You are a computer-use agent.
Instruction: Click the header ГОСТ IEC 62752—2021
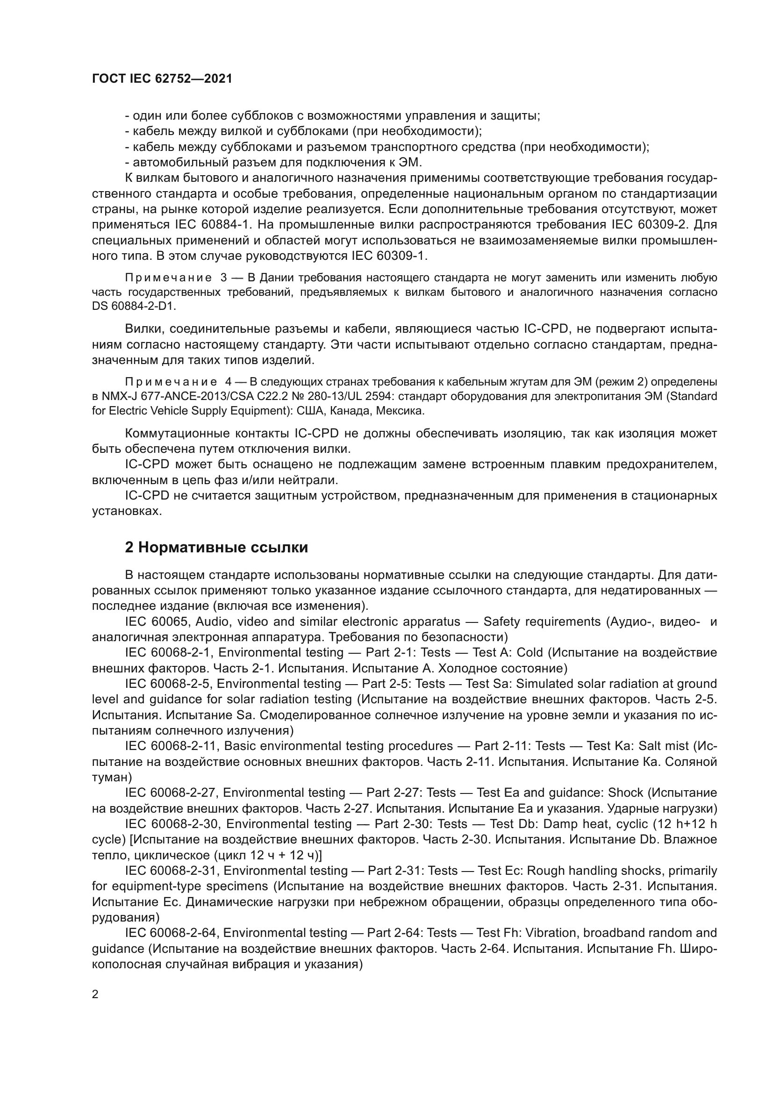[x=162, y=79]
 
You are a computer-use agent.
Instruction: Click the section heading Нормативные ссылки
[x=216, y=548]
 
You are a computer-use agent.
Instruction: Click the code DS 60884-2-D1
[x=134, y=306]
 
